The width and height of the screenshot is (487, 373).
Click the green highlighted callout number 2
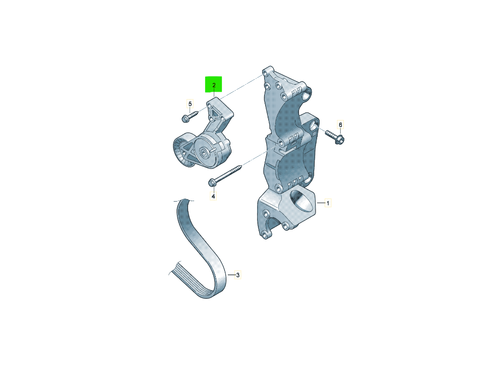[214, 85]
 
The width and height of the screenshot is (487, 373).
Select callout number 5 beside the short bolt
[190, 104]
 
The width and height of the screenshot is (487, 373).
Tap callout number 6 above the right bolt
[340, 125]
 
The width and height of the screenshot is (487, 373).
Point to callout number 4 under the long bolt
[213, 196]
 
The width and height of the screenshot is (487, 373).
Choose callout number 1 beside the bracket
[328, 204]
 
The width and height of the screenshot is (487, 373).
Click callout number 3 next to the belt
[238, 275]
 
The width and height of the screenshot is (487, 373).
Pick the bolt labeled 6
[335, 137]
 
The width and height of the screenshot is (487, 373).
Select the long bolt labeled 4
[225, 175]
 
